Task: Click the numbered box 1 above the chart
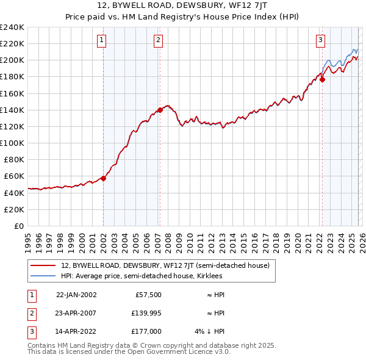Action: [101, 41]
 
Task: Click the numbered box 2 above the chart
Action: [158, 41]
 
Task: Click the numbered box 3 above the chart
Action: [320, 41]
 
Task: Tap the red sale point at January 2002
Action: [103, 178]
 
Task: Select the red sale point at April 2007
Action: [160, 110]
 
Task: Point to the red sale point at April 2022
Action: [322, 79]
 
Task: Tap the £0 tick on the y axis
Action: [18, 226]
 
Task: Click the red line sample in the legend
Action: [43, 265]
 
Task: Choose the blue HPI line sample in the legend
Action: [43, 276]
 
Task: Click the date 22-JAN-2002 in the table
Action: [76, 294]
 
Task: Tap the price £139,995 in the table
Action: [144, 313]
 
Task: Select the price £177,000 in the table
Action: [145, 331]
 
